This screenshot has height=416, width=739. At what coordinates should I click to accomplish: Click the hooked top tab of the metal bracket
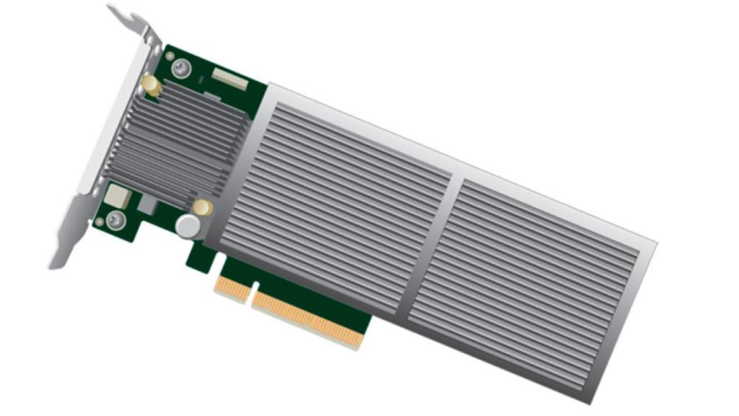[x=127, y=16]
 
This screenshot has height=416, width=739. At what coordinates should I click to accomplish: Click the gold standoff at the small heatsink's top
[x=152, y=85]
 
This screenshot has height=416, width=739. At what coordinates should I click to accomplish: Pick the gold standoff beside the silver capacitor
[x=204, y=207]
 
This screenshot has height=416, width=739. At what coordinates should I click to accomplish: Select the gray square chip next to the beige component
[x=147, y=204]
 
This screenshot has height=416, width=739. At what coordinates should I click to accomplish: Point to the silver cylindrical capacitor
[x=188, y=225]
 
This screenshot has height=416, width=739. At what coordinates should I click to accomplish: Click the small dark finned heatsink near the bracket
[x=177, y=141]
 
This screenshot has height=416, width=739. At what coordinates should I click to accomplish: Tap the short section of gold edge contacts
[x=232, y=286]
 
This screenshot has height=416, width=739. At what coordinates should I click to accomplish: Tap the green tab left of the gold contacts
[x=198, y=256]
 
